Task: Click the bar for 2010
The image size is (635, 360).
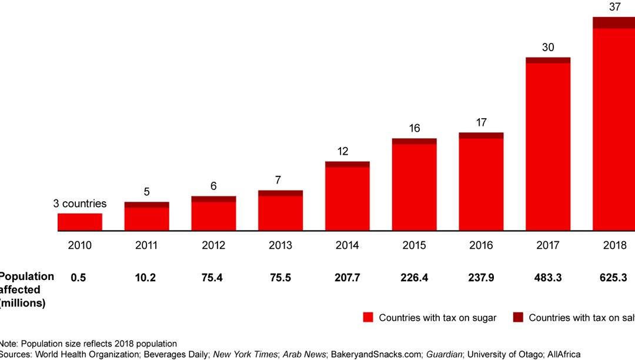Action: coord(80,222)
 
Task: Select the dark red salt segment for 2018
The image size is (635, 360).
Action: coord(614,23)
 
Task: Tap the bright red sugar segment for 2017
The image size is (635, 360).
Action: coord(548,146)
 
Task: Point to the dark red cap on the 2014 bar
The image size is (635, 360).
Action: coord(347,164)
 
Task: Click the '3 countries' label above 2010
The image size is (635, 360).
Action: coord(80,204)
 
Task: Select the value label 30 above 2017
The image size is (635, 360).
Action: coord(548,48)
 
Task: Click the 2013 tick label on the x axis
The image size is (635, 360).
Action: coord(280,245)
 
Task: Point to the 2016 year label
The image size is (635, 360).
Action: coord(481,245)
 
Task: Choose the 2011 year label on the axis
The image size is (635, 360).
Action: coord(146,245)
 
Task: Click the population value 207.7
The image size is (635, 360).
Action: coord(347,278)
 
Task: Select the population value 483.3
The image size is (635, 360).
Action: coord(548,278)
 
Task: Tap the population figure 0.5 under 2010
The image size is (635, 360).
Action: coord(79,278)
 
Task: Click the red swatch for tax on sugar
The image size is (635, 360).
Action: coord(368,318)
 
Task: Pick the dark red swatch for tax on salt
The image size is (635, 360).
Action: coord(518,318)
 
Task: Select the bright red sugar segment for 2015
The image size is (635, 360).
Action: coord(415,187)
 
